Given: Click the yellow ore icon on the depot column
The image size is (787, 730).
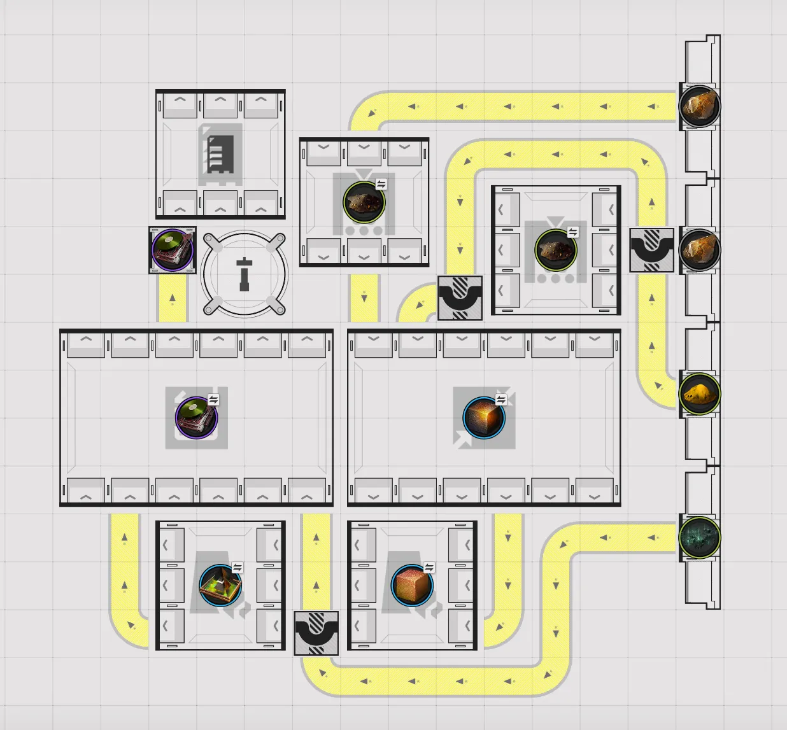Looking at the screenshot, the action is point(700,393).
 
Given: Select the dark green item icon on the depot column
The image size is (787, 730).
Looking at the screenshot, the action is point(700,537).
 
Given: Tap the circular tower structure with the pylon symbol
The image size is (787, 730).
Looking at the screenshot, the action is point(245,274).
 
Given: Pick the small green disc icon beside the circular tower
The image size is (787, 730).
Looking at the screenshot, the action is point(173,249).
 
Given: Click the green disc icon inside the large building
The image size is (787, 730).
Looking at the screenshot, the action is point(196,418).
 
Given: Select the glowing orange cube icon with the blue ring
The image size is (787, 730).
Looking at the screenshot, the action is point(484,418).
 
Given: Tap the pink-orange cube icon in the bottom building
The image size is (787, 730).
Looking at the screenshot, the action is point(412,586).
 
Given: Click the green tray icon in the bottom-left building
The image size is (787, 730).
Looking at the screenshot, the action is point(220,586).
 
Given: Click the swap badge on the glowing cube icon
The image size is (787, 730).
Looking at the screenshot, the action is point(501,400).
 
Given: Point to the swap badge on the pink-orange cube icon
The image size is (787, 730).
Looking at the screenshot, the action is point(429,567).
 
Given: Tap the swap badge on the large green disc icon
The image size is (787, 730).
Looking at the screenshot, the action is point(213,400).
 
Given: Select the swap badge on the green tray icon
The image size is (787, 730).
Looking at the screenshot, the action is point(238,567).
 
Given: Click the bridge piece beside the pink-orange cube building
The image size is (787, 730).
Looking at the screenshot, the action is point(316,633).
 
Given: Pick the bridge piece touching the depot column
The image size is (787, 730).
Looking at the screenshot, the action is point(652,249).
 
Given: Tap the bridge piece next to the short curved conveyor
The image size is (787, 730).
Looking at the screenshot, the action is point(460,298).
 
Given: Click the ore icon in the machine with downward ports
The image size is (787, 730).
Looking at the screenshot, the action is point(364,202).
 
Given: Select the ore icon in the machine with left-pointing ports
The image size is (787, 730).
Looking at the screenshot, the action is point(556,249).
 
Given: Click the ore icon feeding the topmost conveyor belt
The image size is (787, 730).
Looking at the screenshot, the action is point(700,106).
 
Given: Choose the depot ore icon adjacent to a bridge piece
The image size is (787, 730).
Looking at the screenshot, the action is point(700,249).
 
